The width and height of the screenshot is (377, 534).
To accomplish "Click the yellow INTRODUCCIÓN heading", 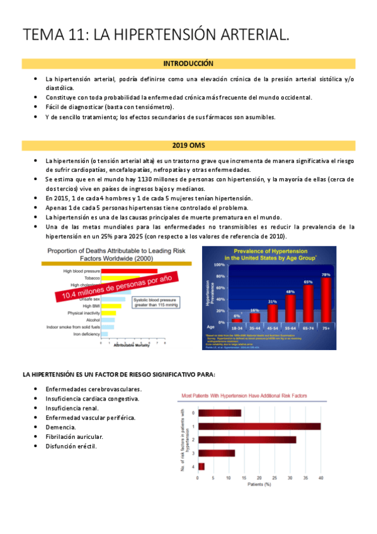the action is pyautogui.click(x=188, y=64).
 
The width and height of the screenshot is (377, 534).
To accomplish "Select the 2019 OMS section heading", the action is pyautogui.click(x=188, y=145).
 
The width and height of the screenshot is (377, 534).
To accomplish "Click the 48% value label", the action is pyautogui.click(x=290, y=292).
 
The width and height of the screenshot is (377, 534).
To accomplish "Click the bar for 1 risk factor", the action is pyautogui.click(x=259, y=426).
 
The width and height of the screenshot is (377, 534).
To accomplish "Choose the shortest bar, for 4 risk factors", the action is pyautogui.click(x=201, y=466).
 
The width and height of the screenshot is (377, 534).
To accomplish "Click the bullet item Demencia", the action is pyautogui.click(x=60, y=427).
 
